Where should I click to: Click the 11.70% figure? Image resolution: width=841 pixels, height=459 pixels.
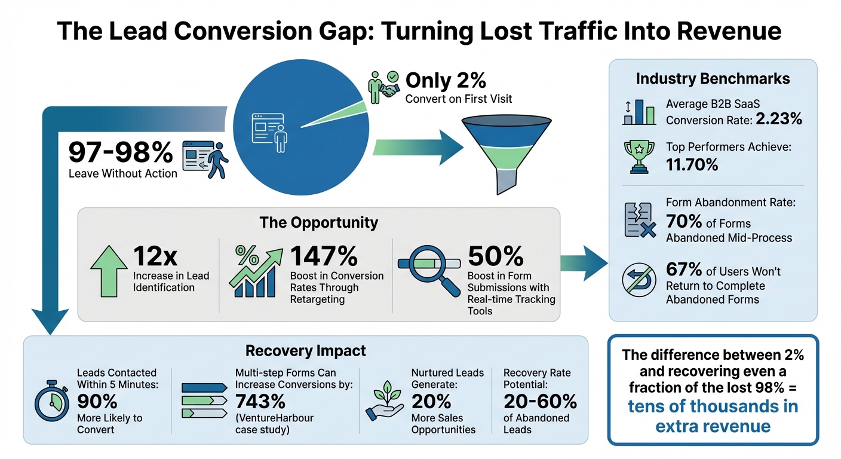692,164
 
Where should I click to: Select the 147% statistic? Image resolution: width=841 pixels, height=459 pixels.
324,256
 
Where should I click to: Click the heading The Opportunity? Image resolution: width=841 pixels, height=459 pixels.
318,223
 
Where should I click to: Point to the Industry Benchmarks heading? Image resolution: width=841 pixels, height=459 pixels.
713,79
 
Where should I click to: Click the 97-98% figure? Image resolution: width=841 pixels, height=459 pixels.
120,153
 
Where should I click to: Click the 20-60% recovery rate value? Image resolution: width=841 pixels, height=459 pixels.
540,400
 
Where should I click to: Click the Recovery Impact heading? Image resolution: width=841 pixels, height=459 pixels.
306,350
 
